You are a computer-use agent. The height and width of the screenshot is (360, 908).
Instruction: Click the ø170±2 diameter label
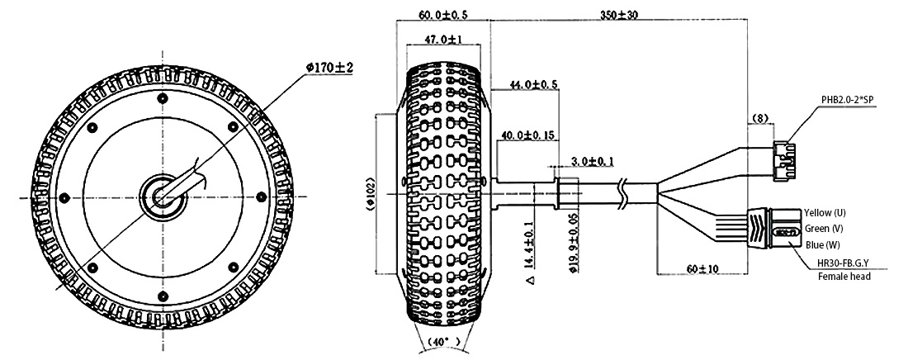[x=329, y=68]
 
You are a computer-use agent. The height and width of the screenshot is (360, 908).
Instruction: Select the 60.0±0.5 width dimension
[x=442, y=13]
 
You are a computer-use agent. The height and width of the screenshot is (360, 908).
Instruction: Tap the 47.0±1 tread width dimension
[x=443, y=39]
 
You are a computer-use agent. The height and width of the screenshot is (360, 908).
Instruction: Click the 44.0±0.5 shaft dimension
[x=533, y=85]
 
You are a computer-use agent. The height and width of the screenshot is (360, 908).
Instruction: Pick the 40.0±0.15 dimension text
[x=527, y=135]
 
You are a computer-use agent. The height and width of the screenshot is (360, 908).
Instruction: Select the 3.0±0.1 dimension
[x=593, y=160]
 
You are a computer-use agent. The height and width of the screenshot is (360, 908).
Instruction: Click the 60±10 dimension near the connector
[x=702, y=268]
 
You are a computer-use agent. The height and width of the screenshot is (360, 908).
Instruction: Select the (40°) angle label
[x=444, y=342]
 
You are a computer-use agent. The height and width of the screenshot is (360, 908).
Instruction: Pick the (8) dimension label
[x=759, y=118]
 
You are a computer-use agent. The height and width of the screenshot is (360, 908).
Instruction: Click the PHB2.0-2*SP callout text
[x=847, y=100]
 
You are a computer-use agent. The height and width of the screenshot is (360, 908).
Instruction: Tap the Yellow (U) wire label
[x=825, y=213]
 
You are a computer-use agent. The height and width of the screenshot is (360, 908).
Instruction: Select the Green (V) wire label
[x=824, y=229]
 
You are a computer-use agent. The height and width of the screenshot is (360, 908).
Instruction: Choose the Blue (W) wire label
[x=823, y=244]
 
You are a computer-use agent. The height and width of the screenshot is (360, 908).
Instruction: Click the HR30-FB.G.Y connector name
[x=844, y=263]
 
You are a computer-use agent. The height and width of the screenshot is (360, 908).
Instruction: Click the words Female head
[x=844, y=277]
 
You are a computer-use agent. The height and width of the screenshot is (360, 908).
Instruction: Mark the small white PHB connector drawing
[x=783, y=161]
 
